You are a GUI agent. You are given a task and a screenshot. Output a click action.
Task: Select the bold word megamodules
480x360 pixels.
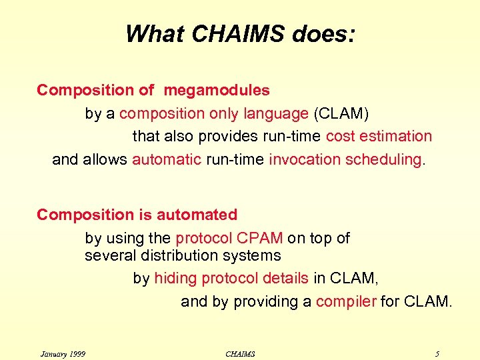tap(217, 90)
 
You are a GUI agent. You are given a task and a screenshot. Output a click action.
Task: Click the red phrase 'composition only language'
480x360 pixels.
tap(214, 114)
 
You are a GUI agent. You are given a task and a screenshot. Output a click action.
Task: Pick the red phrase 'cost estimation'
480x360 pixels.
tap(379, 137)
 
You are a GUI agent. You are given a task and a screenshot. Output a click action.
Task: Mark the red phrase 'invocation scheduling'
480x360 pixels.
tap(345, 160)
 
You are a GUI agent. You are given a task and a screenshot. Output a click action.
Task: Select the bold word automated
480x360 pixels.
tap(197, 215)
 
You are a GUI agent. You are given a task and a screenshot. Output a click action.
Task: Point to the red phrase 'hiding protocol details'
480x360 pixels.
tap(231, 278)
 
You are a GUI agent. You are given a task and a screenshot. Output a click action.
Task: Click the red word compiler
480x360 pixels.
tap(346, 301)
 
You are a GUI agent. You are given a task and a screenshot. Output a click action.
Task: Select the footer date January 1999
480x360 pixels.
tap(63, 353)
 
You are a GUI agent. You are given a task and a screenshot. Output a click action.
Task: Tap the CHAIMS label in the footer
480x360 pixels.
tap(240, 353)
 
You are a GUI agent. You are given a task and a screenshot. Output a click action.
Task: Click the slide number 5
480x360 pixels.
tap(437, 353)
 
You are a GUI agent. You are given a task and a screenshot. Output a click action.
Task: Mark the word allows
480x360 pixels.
tap(106, 160)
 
